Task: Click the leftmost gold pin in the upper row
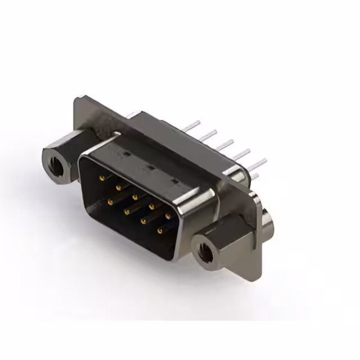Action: (102, 178)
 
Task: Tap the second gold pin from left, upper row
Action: (118, 187)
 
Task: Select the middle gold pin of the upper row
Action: (135, 197)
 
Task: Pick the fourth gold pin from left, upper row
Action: (151, 206)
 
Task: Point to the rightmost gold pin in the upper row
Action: (168, 216)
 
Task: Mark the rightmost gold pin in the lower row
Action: (160, 230)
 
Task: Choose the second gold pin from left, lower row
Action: (127, 210)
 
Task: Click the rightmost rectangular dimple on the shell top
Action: (174, 181)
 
